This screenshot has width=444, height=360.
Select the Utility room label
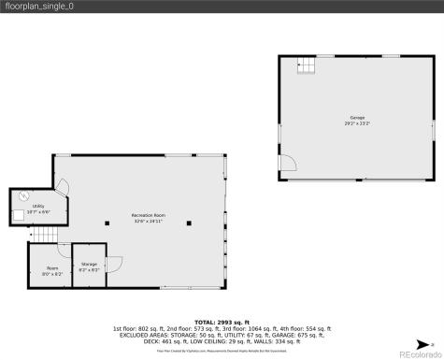pos(38,207)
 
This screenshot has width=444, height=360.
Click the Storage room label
pos(90,265)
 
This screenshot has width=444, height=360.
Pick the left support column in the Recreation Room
pos(107,223)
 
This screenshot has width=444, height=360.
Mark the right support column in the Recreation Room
pos(189,223)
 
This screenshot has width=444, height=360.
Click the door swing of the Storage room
pos(115,263)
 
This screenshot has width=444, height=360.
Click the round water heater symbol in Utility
pos(21,196)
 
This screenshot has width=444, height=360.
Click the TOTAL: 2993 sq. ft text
pos(222,322)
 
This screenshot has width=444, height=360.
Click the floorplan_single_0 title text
pos(42,8)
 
